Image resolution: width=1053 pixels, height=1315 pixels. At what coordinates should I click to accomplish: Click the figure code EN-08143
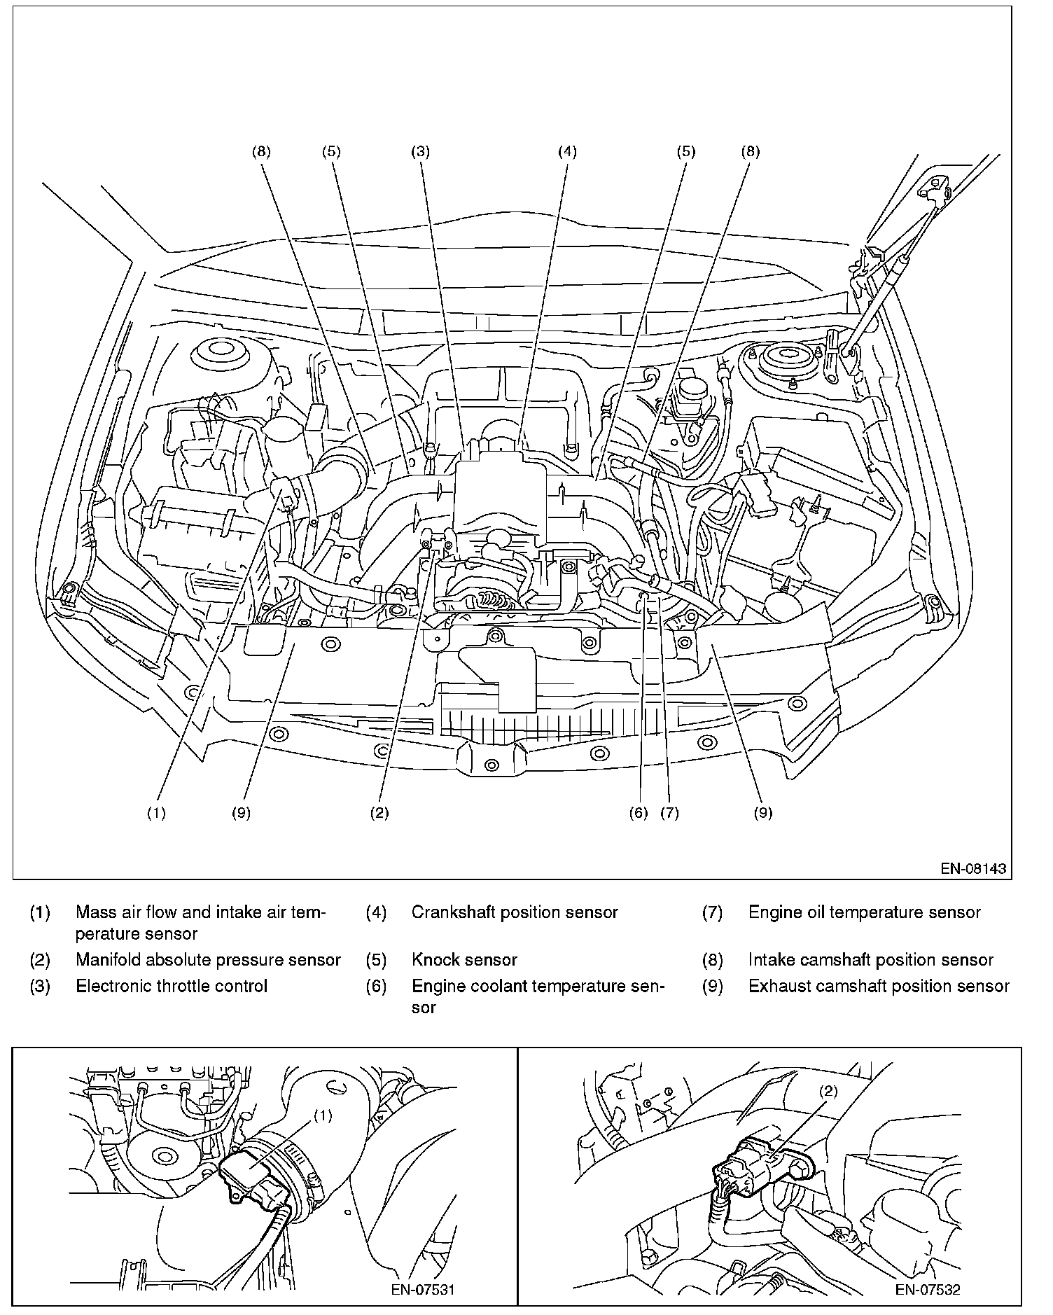(x=972, y=869)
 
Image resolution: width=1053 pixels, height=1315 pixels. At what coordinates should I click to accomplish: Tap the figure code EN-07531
(x=422, y=1289)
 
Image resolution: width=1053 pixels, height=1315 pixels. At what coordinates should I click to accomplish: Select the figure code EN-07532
(x=927, y=1289)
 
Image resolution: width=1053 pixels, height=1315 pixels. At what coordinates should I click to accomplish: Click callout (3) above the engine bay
(x=420, y=151)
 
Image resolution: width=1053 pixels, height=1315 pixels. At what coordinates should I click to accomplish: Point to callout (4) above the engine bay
(x=567, y=151)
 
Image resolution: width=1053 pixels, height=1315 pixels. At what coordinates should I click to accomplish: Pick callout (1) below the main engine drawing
(x=156, y=813)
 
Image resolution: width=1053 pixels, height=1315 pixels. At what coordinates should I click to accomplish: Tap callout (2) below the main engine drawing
(x=379, y=813)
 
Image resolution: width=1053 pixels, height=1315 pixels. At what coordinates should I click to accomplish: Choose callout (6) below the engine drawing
(x=639, y=813)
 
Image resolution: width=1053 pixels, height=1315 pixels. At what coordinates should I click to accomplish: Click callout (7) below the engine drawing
(x=669, y=813)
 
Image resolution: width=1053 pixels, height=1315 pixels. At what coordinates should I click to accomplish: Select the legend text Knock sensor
(x=464, y=960)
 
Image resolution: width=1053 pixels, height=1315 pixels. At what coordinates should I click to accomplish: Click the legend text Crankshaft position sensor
(x=515, y=912)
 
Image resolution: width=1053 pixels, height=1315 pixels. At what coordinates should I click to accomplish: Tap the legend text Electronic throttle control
(x=172, y=986)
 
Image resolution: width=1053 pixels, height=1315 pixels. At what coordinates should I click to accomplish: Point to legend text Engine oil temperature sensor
(x=865, y=912)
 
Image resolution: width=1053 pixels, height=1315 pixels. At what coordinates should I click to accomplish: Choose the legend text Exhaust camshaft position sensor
(x=879, y=986)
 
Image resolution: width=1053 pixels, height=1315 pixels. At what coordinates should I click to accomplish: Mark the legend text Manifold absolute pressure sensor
(x=208, y=960)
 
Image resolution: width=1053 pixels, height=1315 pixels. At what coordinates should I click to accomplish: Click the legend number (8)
(x=712, y=960)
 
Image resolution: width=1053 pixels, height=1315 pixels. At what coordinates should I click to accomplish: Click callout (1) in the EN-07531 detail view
(x=322, y=1116)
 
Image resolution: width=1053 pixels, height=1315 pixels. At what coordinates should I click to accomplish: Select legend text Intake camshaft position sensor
(x=871, y=960)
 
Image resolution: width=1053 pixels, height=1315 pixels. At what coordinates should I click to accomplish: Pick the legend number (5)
(x=376, y=960)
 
